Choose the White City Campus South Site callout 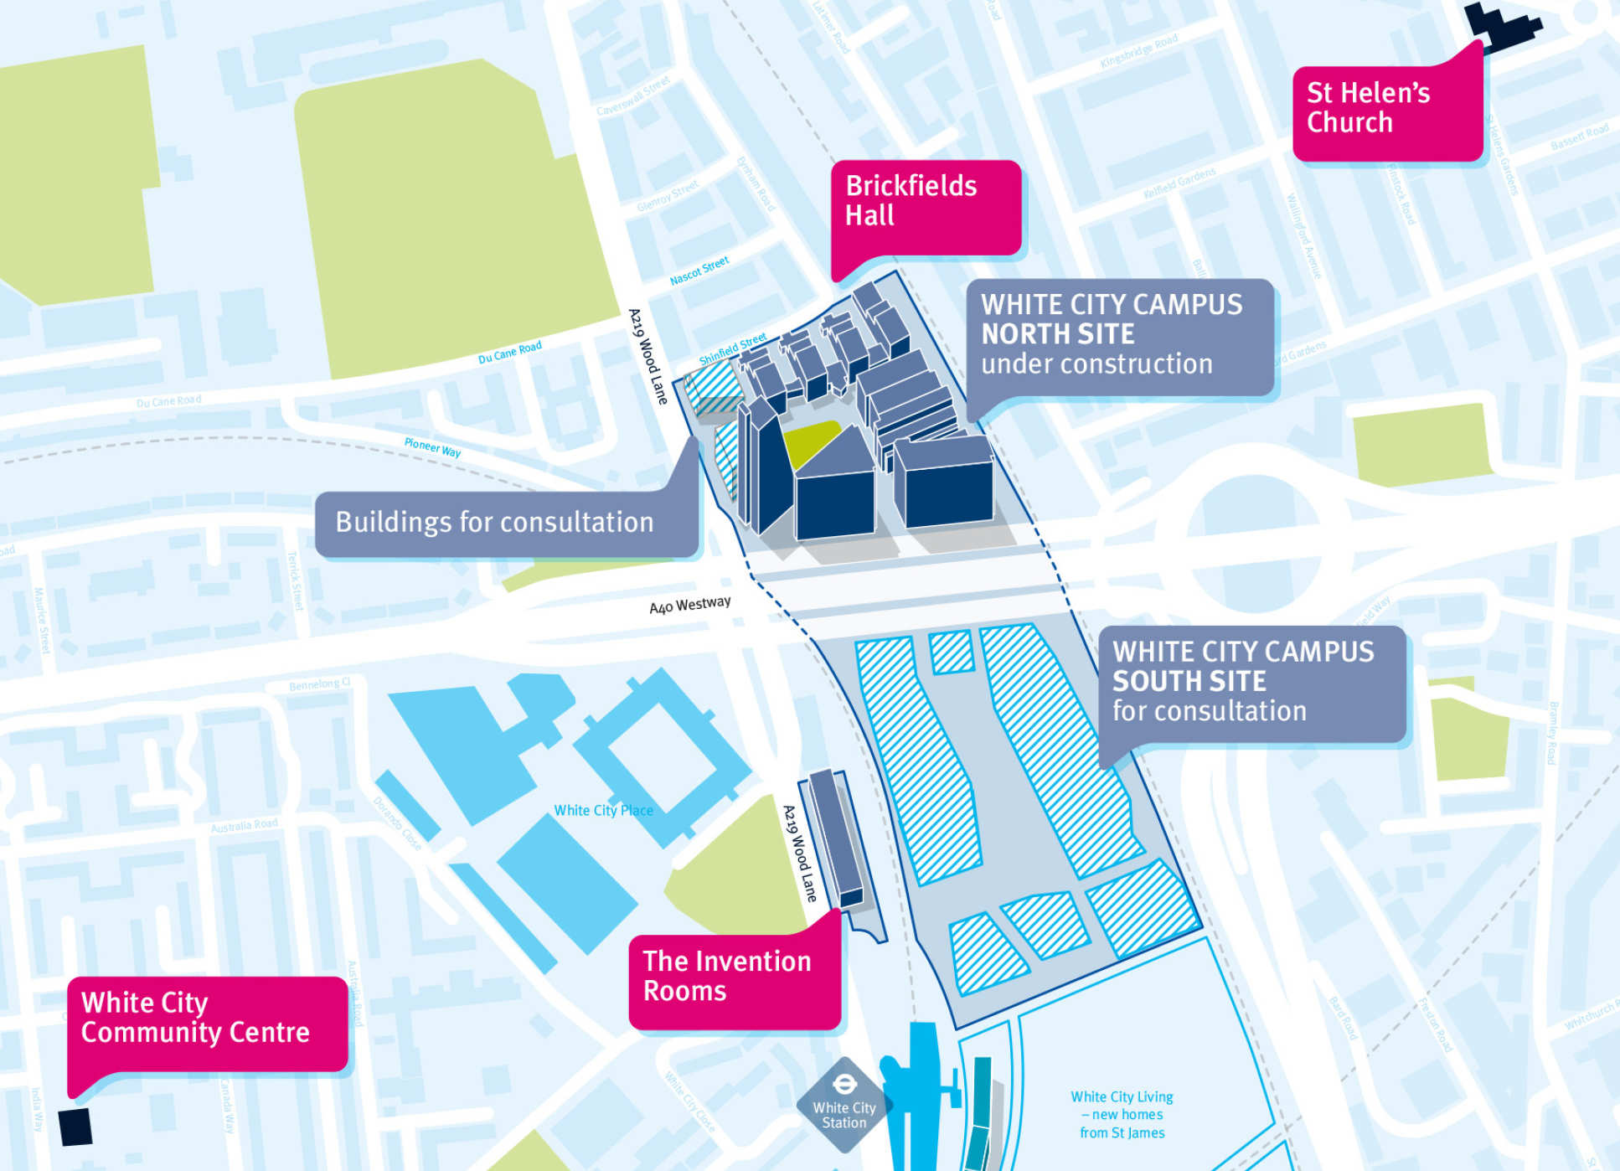(x=1251, y=682)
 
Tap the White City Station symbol (x=844, y=1103)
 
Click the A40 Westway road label (x=689, y=605)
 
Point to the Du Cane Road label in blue (x=509, y=353)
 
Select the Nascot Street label (x=699, y=271)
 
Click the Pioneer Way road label (x=432, y=447)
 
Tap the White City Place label (x=603, y=811)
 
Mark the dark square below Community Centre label (x=75, y=1127)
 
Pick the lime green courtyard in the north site (x=811, y=441)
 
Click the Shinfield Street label (x=733, y=348)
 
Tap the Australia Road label (x=244, y=826)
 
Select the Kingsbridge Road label (x=1139, y=52)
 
